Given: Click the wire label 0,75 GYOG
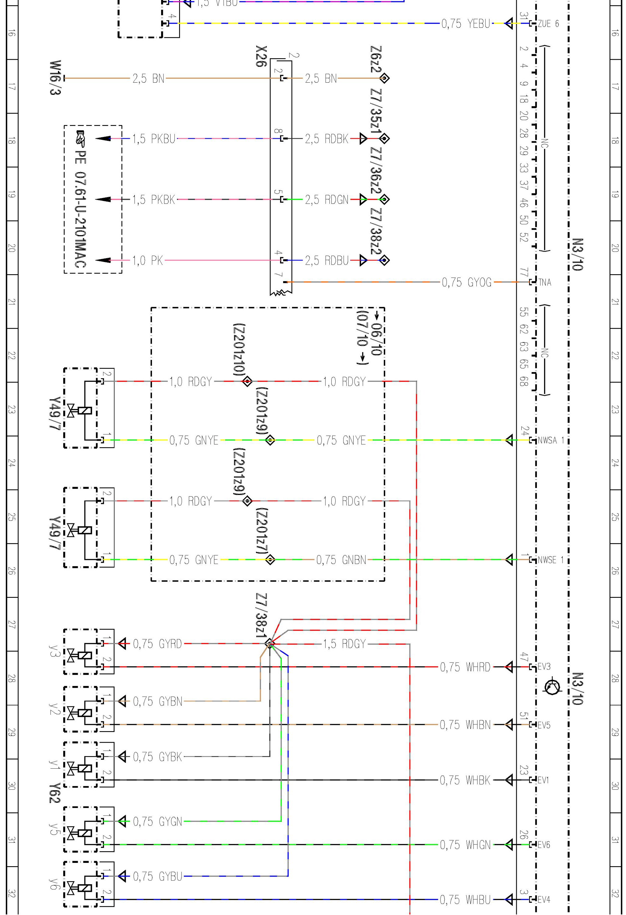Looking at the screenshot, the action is point(466,282).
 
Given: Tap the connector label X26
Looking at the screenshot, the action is point(261,56).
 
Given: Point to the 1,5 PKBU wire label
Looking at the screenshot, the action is point(153,138).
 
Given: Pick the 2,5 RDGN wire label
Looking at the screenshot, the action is point(327,199).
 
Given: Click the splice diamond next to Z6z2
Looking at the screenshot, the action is point(384,78).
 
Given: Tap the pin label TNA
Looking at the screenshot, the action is point(545,282).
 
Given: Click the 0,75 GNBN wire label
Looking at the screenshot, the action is point(341,560).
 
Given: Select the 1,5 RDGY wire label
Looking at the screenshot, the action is point(344,644).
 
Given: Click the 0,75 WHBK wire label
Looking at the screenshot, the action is point(465,780).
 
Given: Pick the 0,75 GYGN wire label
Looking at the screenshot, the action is point(157,822).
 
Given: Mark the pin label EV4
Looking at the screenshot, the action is point(544,900).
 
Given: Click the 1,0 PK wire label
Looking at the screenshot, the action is point(147,260).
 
